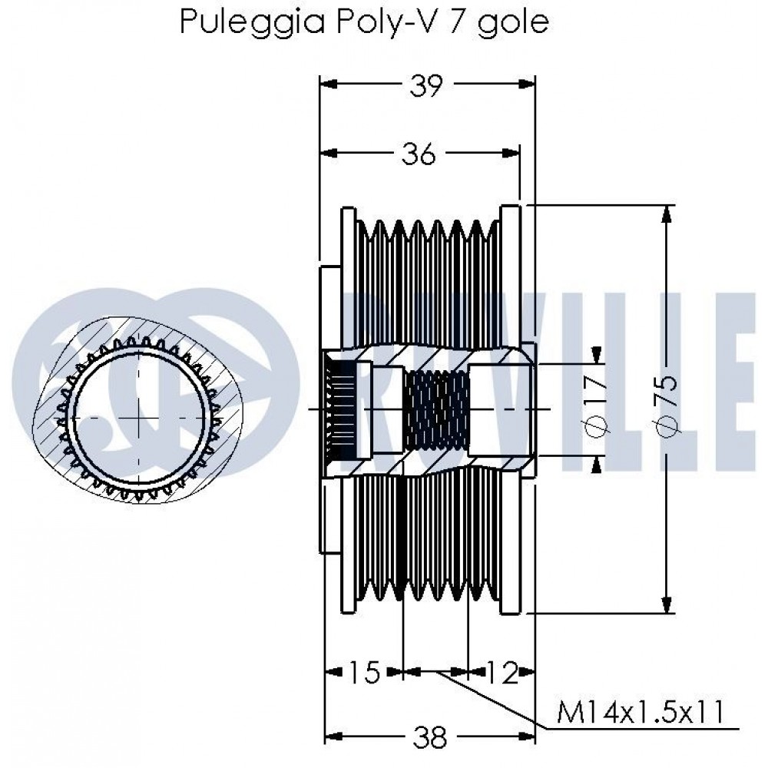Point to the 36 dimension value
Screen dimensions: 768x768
pos(419,154)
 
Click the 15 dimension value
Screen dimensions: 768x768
pos(365,674)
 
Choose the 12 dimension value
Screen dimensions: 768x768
pos(502,674)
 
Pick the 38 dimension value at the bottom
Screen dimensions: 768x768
pos(429,739)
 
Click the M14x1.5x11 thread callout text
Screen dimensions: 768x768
pos(640,712)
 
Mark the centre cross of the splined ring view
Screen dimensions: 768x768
pos(139,417)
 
